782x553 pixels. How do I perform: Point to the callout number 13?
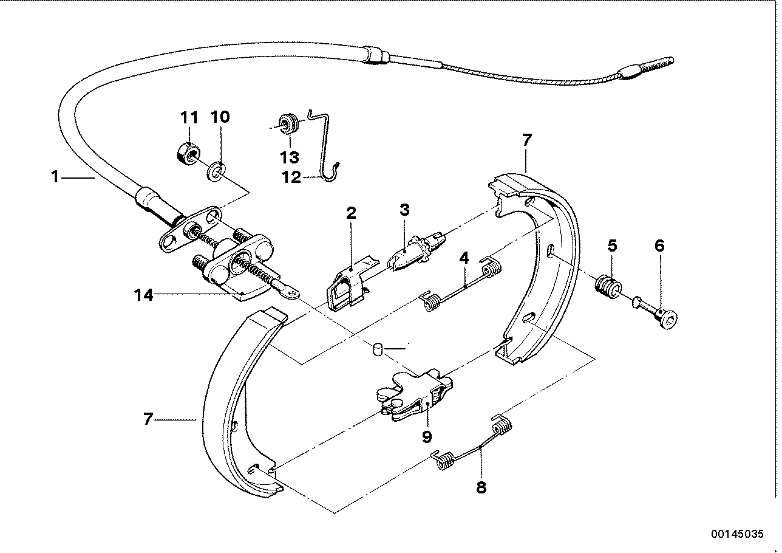(290, 157)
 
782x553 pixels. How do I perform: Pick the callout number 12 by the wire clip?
(291, 177)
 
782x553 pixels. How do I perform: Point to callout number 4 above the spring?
(464, 258)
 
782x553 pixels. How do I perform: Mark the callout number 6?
(659, 246)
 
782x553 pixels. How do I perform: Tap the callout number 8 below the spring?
(481, 487)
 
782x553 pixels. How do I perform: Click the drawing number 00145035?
(736, 535)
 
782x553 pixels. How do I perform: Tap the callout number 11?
(189, 117)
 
